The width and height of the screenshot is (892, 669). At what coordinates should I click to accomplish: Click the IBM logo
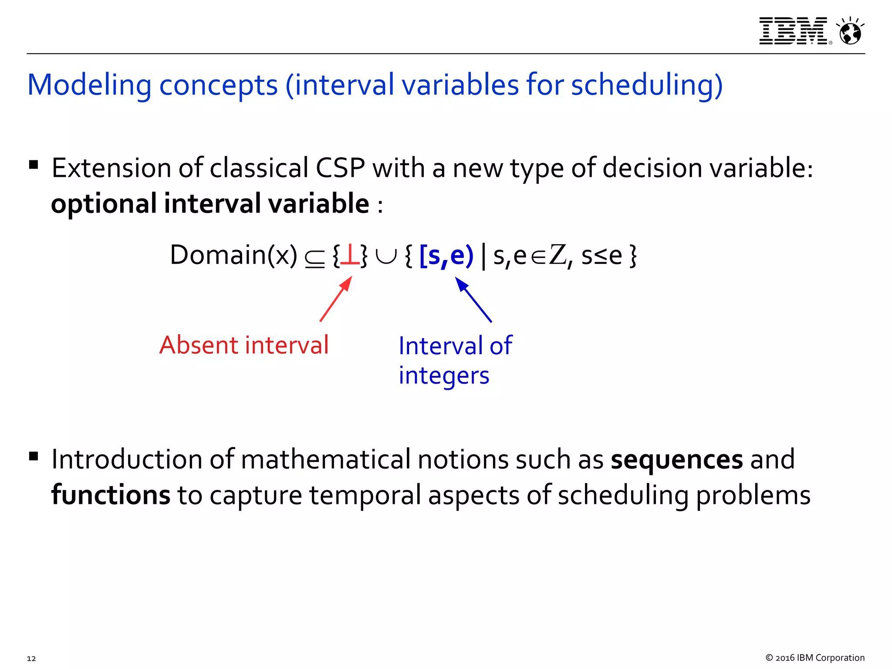click(793, 31)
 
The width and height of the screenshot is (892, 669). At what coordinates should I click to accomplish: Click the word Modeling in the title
click(89, 85)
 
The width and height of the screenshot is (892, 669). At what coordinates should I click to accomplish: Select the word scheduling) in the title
click(647, 85)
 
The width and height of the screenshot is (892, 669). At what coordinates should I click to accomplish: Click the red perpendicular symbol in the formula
click(350, 256)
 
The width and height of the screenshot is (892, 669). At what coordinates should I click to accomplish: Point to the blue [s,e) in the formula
click(446, 256)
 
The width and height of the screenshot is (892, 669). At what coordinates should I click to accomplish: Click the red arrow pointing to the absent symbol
click(336, 299)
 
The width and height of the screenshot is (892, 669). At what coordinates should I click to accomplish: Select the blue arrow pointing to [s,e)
click(473, 300)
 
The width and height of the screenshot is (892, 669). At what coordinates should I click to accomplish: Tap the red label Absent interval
click(244, 345)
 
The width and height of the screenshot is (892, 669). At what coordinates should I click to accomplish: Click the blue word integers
click(444, 375)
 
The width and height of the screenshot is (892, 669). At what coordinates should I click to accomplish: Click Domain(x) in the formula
click(234, 255)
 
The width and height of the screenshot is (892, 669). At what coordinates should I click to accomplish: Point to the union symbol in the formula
click(386, 257)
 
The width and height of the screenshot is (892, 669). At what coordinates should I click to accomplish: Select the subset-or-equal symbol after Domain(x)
click(314, 258)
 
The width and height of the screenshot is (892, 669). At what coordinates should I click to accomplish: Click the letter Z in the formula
click(557, 255)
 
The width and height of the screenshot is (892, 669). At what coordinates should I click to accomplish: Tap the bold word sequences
click(676, 460)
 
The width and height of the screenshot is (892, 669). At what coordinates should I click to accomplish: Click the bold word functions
click(111, 495)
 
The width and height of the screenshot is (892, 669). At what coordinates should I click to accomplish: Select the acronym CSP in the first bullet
click(340, 168)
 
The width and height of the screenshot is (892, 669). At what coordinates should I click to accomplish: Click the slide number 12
click(31, 658)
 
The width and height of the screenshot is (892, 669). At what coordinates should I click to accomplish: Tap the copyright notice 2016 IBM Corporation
click(814, 658)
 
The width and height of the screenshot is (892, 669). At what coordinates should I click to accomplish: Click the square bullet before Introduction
click(34, 456)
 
